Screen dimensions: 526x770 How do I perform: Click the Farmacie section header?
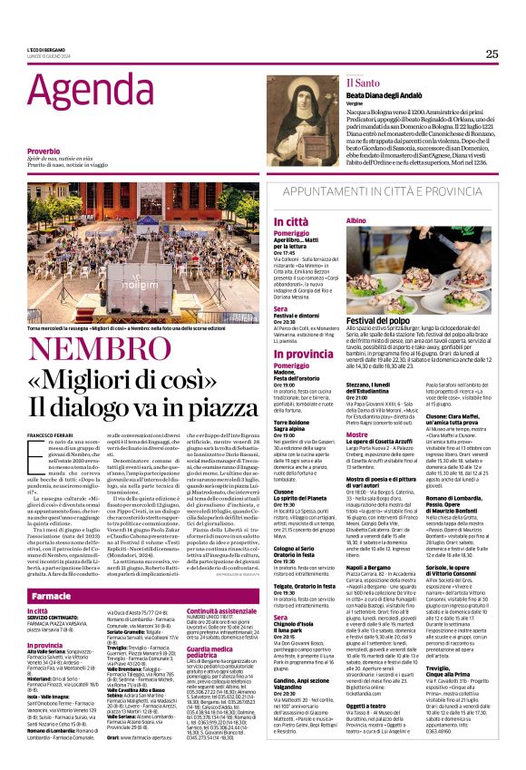[x=52, y=596]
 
